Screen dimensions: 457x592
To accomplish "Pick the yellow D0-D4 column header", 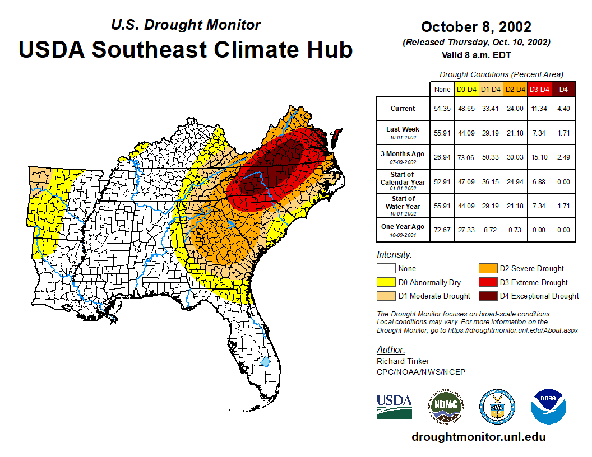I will tap(466, 89).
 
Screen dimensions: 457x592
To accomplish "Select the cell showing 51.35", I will tap(442, 109).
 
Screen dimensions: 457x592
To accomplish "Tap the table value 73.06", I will tap(466, 157).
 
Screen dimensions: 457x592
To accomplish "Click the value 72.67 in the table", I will tap(442, 230).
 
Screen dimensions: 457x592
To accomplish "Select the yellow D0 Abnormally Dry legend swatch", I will tap(386, 282).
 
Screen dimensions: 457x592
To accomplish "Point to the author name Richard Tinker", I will tap(403, 362).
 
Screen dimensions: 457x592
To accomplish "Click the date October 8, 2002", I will tap(476, 27).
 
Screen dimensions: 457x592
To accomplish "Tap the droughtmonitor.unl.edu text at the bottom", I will tap(478, 437).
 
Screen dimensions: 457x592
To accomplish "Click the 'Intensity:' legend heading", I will tap(394, 255).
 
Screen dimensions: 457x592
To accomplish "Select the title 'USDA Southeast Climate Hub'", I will tap(186, 49).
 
